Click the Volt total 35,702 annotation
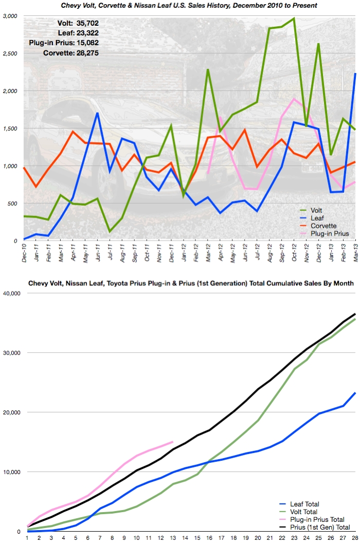(x=78, y=23)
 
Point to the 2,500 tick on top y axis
(x=10, y=53)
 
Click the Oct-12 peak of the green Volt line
(x=294, y=19)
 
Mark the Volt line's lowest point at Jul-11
(x=110, y=231)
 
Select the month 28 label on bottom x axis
(x=354, y=539)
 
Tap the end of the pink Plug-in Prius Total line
(x=172, y=442)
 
